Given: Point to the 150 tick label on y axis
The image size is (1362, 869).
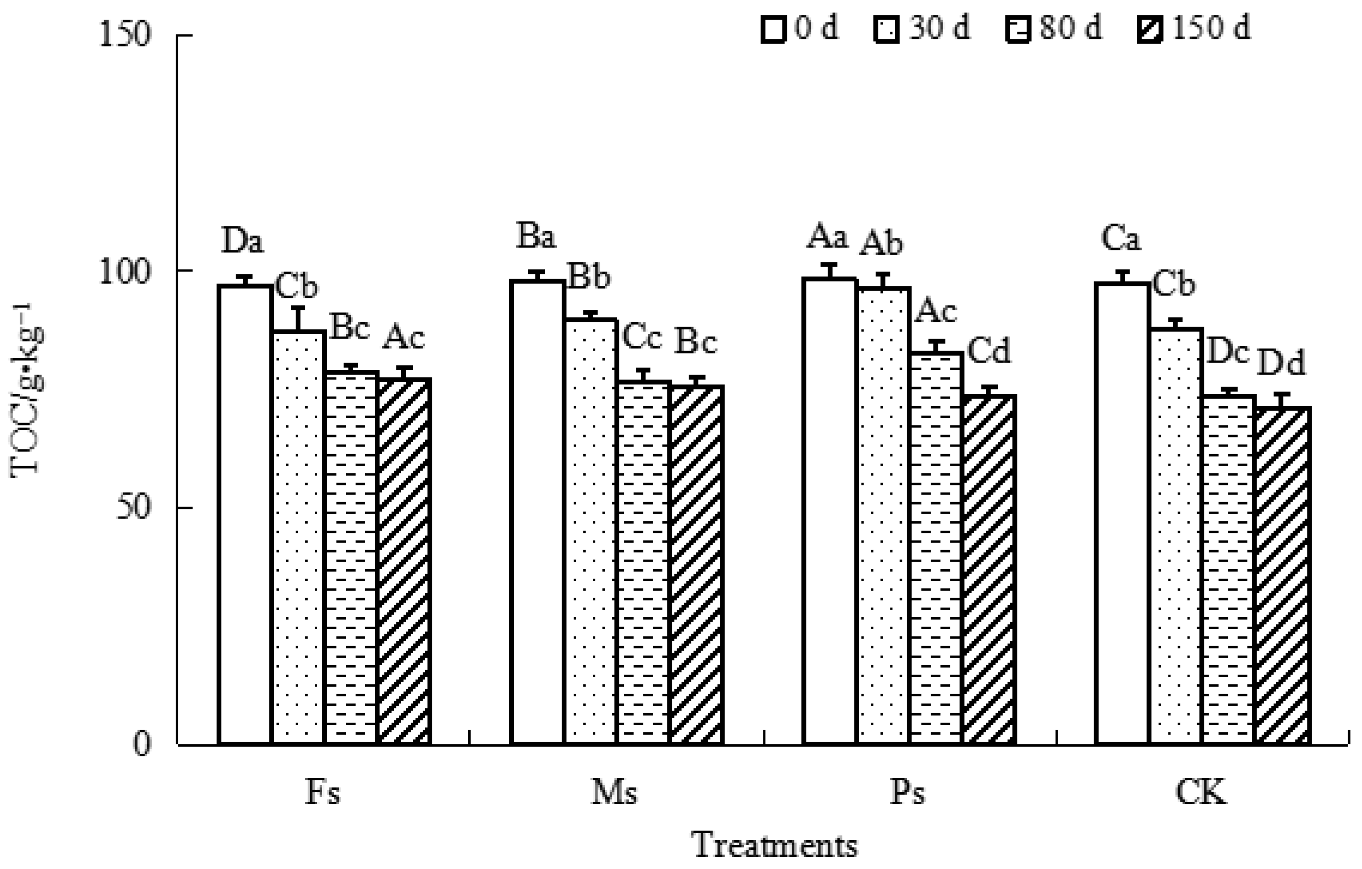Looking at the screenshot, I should click(x=126, y=35).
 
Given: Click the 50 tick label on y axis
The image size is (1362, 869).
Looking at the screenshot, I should click(x=134, y=507).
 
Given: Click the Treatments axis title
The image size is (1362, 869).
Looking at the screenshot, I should click(x=775, y=845).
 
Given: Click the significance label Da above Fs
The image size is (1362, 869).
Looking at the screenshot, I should click(x=242, y=241).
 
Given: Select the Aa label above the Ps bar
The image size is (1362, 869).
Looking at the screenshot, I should click(x=828, y=236).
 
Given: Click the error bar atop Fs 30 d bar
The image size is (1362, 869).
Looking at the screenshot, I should click(x=299, y=319).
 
